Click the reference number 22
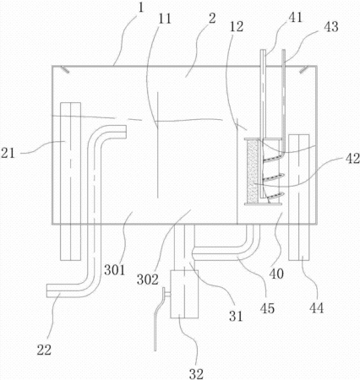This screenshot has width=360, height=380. point(44,350)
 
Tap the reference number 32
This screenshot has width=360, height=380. point(196,374)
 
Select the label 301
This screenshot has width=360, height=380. point(114,270)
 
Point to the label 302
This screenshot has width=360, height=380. point(148,280)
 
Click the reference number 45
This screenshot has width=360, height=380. point(267,308)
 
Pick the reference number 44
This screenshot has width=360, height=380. point(316,308)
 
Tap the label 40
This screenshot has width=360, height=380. point(276,274)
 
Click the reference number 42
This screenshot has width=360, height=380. point(352,159)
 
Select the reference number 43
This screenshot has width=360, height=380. point(331,27)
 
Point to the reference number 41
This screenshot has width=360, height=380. point(295,18)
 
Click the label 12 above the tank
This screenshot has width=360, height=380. point(236,27)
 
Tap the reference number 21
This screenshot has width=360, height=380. point(8,154)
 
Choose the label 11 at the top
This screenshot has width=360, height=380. point(165,19)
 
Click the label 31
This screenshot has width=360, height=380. point(236,317)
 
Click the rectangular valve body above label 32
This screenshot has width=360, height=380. point(184,294)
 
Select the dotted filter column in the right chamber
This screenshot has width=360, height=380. point(253,171)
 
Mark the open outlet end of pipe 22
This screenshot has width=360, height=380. point(46,290)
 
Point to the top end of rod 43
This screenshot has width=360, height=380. point(284,51)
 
